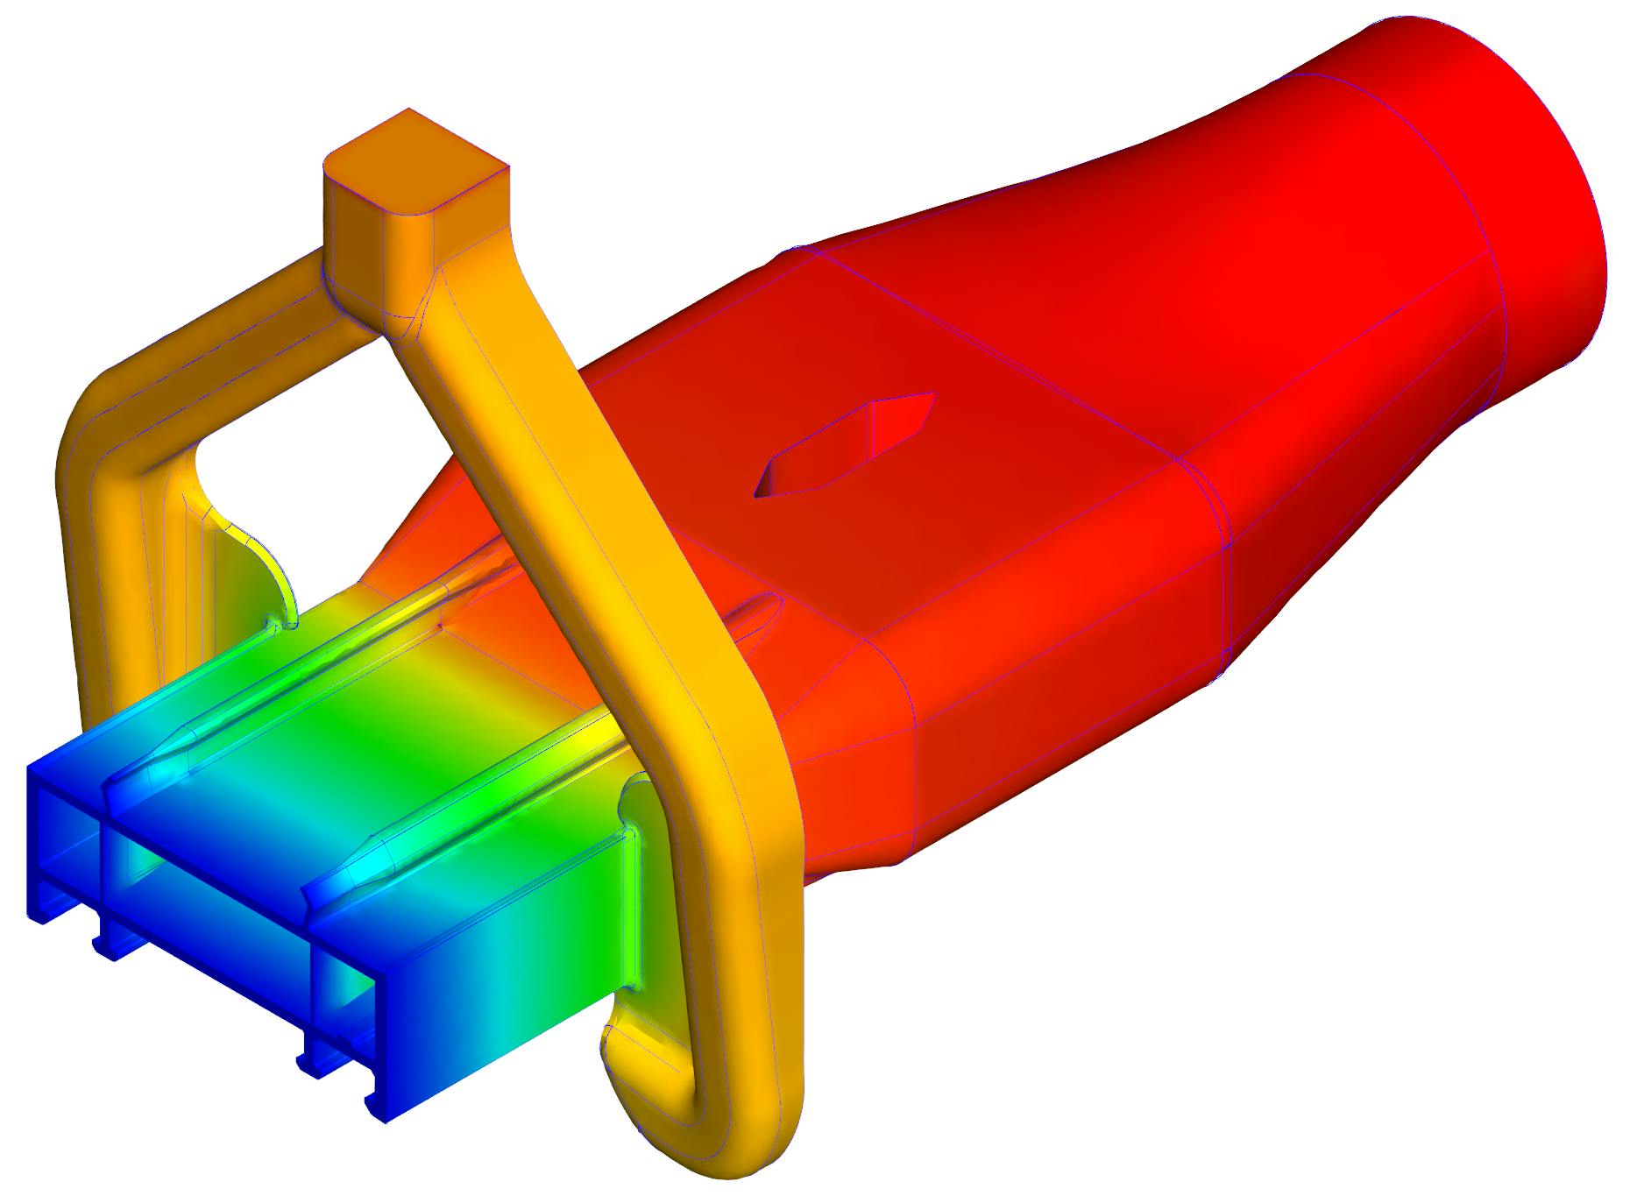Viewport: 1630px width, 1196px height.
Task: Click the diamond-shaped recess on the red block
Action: [x=846, y=447]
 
